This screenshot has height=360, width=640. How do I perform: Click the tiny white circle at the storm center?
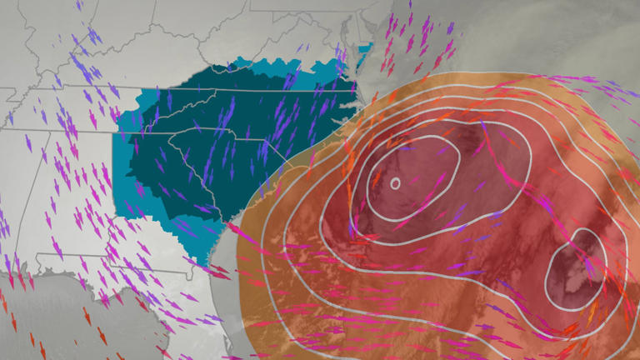click(395, 182)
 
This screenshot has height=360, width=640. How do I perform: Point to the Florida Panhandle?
click(92, 283)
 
